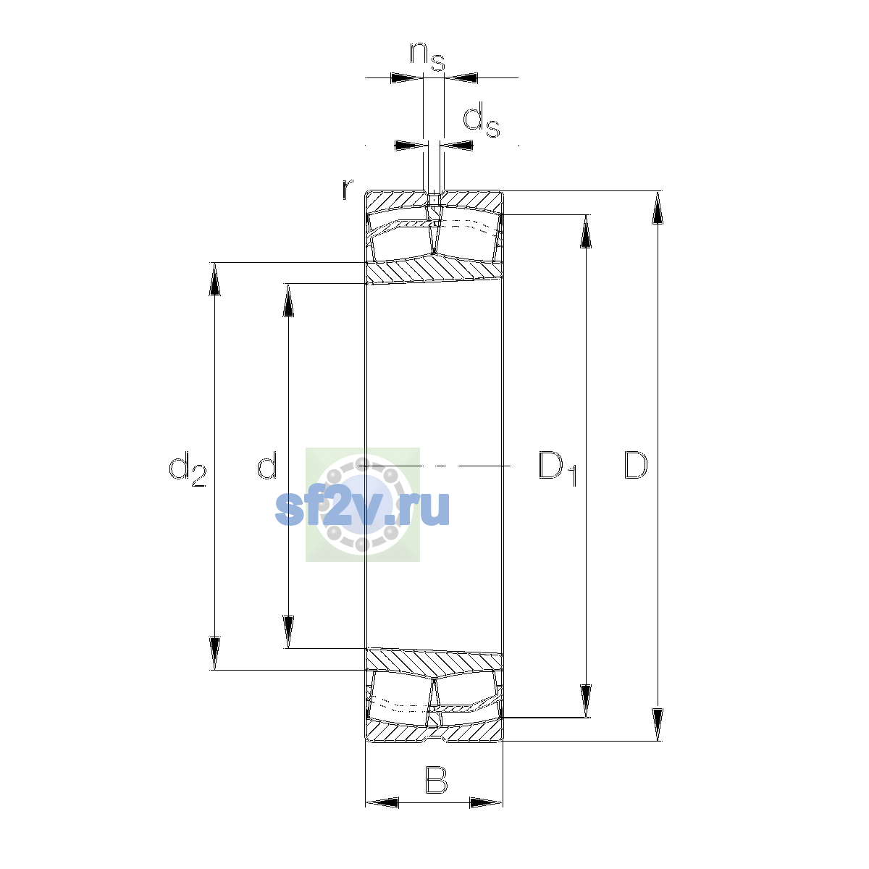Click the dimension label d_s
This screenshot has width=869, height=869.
482,119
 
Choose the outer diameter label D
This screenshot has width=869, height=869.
636,465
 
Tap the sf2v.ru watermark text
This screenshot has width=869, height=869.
362,508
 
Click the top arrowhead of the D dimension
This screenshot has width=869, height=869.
658,207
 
